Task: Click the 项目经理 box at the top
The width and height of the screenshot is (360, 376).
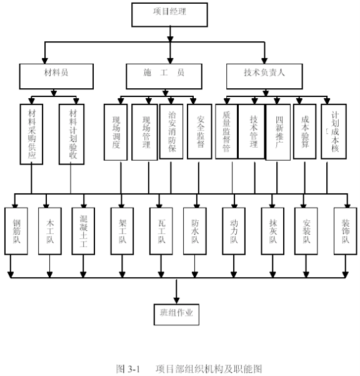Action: point(169,14)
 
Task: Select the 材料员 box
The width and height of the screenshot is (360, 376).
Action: point(56,76)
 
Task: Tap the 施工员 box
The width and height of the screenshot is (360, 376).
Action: point(164,76)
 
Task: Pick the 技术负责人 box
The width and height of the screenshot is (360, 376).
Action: point(264,76)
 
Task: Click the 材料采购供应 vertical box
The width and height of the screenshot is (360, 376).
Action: point(31,135)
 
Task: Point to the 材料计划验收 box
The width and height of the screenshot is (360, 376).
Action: point(72,135)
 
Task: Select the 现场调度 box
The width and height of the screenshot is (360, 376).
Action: point(116,132)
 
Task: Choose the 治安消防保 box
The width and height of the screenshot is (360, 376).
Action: point(171,131)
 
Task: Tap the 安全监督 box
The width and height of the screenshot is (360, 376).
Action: point(199,131)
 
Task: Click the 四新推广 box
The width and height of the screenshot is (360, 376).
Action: point(278,132)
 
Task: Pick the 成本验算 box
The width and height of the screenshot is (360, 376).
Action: point(304,131)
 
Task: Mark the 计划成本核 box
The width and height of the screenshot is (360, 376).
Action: point(334,131)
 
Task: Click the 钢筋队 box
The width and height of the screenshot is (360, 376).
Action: point(16,231)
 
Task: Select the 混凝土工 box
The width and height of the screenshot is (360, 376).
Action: point(83,231)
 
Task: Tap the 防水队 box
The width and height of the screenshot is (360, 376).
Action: point(195,231)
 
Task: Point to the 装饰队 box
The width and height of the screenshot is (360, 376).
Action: point(346,231)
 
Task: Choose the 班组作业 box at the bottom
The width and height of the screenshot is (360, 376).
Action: point(176,315)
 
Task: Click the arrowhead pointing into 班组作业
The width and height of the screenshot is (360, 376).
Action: point(176,301)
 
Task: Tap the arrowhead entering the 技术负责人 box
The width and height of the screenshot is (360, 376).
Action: point(264,61)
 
